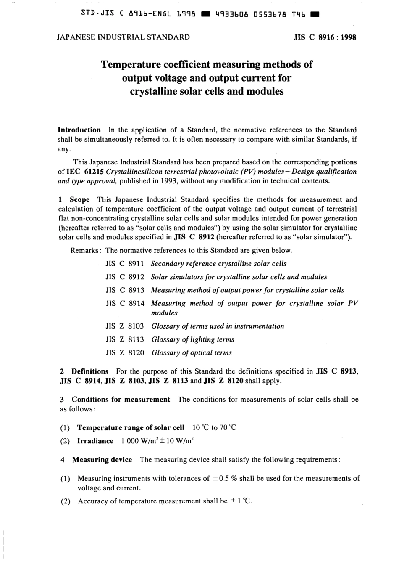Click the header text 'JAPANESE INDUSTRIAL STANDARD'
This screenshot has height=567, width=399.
tap(123, 37)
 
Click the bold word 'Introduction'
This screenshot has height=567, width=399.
tap(79, 130)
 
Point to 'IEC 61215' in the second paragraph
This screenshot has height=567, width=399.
tap(86, 172)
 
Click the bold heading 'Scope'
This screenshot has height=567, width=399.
tap(80, 200)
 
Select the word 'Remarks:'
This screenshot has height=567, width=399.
tap(86, 250)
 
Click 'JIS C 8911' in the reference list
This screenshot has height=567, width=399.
tap(125, 264)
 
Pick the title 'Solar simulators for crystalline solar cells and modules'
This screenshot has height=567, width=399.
tap(239, 277)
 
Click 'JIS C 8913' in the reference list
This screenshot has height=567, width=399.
tap(125, 290)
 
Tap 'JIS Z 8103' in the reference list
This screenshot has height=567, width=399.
tap(125, 326)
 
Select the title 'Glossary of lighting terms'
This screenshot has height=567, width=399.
tap(193, 339)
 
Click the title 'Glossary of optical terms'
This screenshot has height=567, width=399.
tap(192, 353)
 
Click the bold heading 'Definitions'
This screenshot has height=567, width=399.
tap(90, 371)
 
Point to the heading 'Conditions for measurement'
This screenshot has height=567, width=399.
tap(121, 400)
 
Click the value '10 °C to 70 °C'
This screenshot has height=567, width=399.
tap(214, 428)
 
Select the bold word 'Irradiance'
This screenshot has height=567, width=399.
tap(95, 441)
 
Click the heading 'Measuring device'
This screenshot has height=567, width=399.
tap(102, 460)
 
